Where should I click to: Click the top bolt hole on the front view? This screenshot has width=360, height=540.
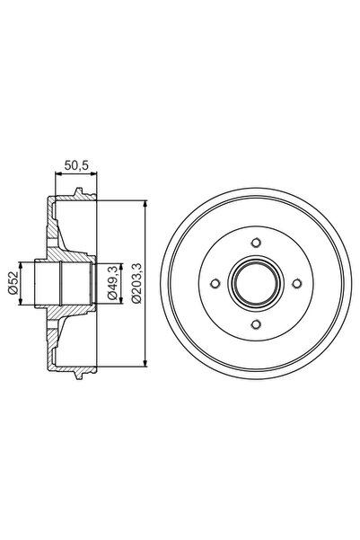point(257,243)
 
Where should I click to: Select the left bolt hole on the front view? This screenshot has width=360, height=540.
point(215,283)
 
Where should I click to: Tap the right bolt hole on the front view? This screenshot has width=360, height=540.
point(298,283)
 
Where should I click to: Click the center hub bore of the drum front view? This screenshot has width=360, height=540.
point(257,283)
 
